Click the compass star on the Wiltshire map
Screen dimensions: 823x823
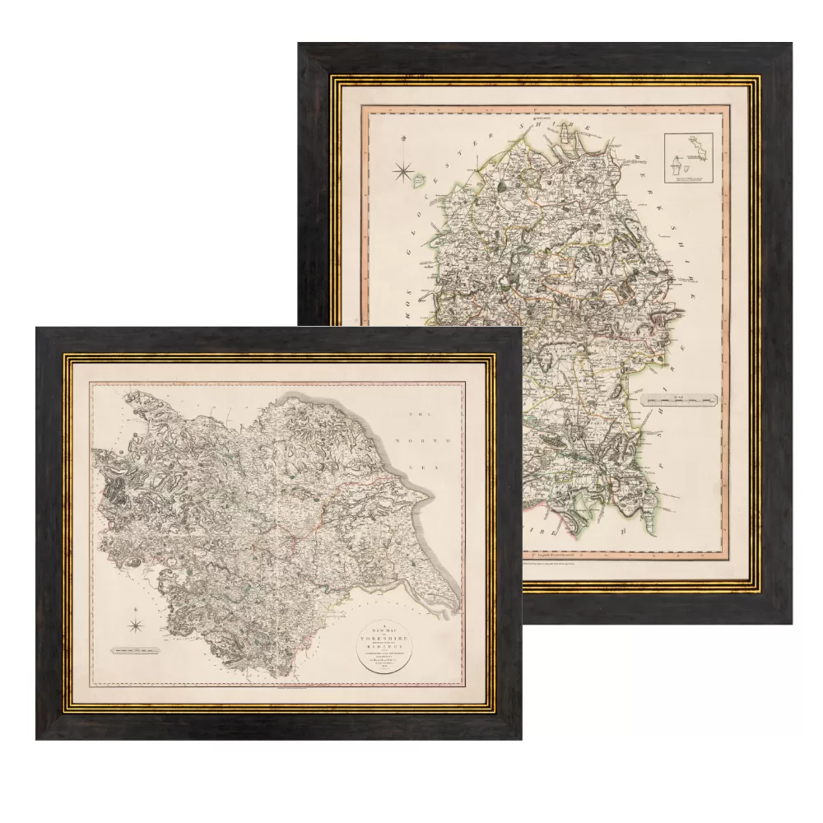point(403,171)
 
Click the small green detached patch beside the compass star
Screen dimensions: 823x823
point(419,178)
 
